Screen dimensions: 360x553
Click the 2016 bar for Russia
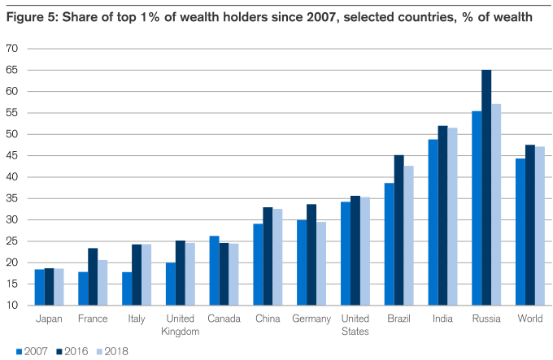pyautogui.click(x=486, y=187)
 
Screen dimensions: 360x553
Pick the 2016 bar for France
pyautogui.click(x=93, y=276)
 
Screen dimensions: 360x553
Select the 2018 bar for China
pyautogui.click(x=276, y=257)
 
